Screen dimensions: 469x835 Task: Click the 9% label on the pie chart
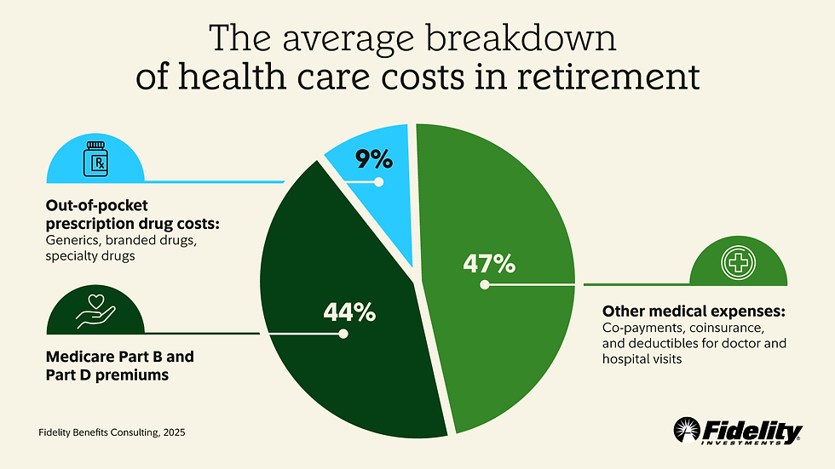click(x=374, y=159)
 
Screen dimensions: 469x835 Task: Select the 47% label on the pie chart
click(x=489, y=264)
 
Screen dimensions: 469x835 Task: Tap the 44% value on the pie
click(x=349, y=312)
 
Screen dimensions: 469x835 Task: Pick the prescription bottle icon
click(x=96, y=160)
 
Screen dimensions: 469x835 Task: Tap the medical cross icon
click(x=737, y=263)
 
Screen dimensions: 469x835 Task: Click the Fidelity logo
click(x=737, y=431)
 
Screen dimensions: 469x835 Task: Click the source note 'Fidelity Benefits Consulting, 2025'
click(x=112, y=433)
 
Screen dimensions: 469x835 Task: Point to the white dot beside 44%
click(x=343, y=334)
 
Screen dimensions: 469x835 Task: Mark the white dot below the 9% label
click(x=379, y=181)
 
